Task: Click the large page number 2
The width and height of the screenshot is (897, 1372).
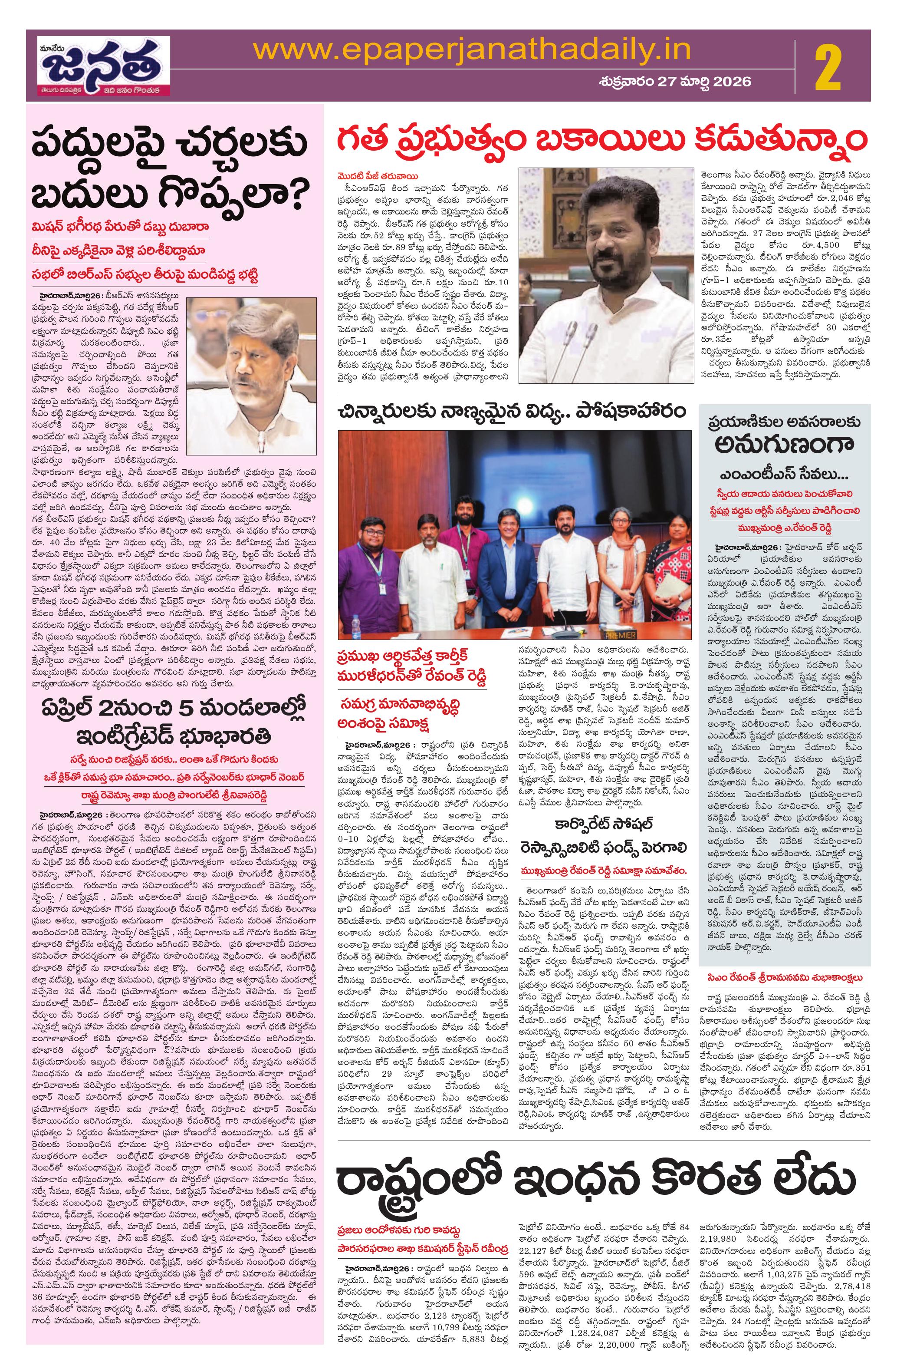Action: (x=828, y=69)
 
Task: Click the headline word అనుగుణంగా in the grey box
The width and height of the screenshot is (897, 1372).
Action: (x=784, y=447)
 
